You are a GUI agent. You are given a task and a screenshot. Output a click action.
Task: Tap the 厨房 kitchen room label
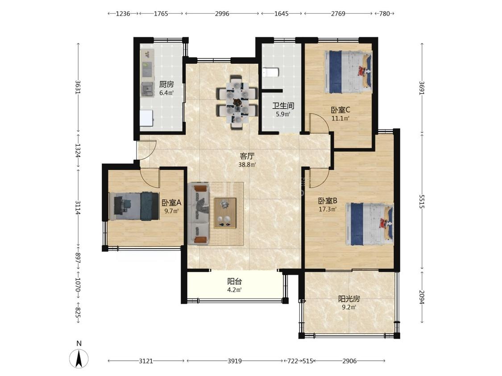pos(166,84)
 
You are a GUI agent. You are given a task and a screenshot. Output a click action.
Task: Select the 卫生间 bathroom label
pos(283,106)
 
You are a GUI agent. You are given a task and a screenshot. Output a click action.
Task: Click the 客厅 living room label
pos(247,156)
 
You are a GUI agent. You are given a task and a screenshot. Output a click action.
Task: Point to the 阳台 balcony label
pos(234,282)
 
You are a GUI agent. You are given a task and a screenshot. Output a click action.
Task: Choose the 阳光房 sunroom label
pos(349,299)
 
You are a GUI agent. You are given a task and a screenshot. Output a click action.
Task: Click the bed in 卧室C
pos(348,72)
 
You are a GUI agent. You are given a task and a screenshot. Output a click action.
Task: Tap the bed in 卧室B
pos(369,224)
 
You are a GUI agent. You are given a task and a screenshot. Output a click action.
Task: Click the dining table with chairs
pos(237,102)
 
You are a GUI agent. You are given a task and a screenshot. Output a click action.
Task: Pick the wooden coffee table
pos(225,213)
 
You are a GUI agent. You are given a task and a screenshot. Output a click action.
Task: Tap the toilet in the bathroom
pos(270,73)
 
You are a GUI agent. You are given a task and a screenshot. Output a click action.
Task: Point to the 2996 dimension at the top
pos(222,13)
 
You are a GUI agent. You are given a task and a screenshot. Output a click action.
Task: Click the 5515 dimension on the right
pos(422,201)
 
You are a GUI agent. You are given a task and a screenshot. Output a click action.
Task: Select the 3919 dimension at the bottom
pos(235,361)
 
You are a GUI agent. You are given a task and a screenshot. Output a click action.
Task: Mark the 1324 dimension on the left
pos(78,151)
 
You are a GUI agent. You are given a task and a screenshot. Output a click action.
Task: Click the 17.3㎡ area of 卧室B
pos(328,209)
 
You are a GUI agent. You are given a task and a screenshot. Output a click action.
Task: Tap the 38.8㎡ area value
pos(247,165)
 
